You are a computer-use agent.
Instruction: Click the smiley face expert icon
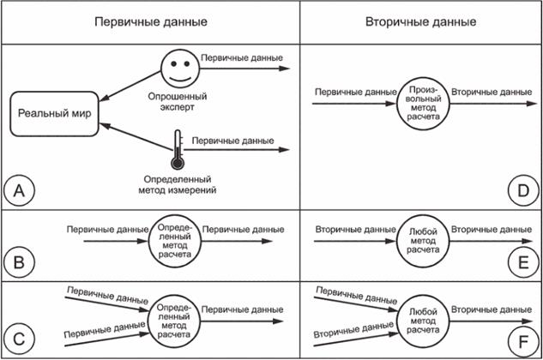tap(178, 65)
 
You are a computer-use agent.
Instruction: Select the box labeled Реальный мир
tap(56, 115)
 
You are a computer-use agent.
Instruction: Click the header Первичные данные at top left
tap(150, 21)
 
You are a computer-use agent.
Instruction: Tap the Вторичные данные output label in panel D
tap(488, 92)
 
